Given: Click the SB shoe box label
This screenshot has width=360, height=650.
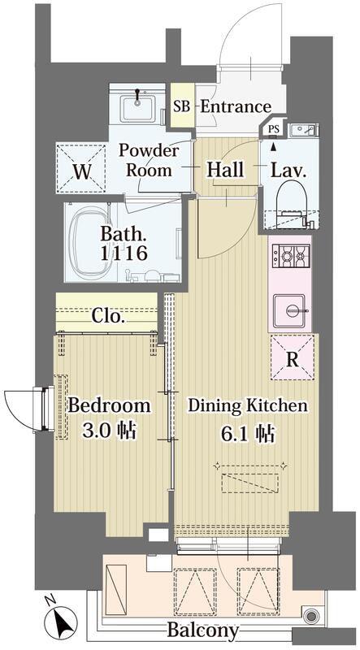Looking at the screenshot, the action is [182, 107].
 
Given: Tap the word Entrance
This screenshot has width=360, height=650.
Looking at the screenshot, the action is [236, 107].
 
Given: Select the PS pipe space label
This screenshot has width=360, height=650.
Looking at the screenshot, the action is [273, 129].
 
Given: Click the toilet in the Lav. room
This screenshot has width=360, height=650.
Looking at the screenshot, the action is [293, 203].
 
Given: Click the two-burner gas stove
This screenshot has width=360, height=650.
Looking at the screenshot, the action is [291, 257].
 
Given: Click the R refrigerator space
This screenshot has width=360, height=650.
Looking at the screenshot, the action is [293, 357].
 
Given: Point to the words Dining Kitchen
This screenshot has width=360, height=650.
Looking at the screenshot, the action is [248, 405].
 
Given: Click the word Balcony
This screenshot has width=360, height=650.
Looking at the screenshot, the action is [203, 630].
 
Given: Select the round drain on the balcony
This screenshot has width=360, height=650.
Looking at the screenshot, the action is [310, 616].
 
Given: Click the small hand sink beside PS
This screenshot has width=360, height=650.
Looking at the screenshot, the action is [305, 130].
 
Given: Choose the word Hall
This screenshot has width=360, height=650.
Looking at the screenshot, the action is [225, 169].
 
